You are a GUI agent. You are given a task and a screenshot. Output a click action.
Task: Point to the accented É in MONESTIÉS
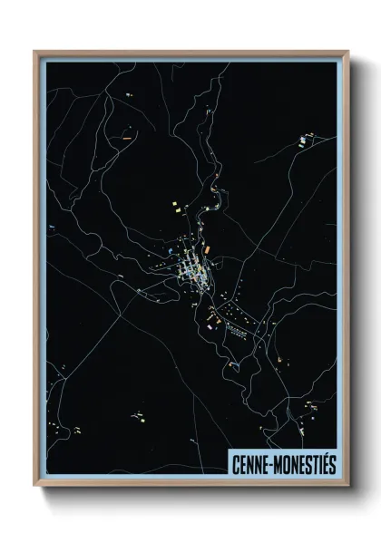[x=323, y=461]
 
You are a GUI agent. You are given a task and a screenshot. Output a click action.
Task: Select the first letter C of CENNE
[x=235, y=462]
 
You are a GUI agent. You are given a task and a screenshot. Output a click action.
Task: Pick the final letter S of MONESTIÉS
[x=332, y=462]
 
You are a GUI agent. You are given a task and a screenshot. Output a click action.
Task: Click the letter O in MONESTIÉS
[x=286, y=462]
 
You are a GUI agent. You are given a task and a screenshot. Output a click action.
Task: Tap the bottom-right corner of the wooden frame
[x=347, y=485]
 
